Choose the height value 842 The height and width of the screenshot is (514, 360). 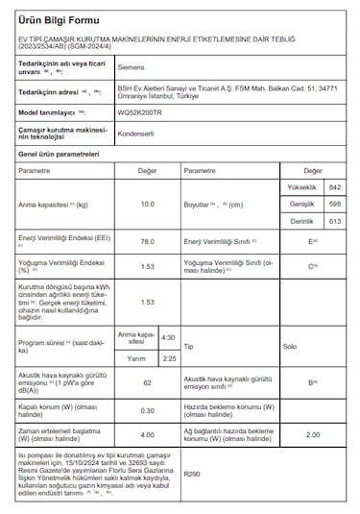click(x=334, y=186)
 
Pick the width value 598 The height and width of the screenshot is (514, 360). click(x=334, y=204)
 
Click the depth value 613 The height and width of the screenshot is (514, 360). click(x=334, y=221)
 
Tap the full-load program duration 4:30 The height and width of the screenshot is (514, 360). click(x=168, y=338)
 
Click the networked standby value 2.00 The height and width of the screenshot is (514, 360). click(x=312, y=434)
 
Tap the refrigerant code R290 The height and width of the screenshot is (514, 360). click(x=192, y=474)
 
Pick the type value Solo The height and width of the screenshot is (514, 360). click(x=289, y=346)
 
